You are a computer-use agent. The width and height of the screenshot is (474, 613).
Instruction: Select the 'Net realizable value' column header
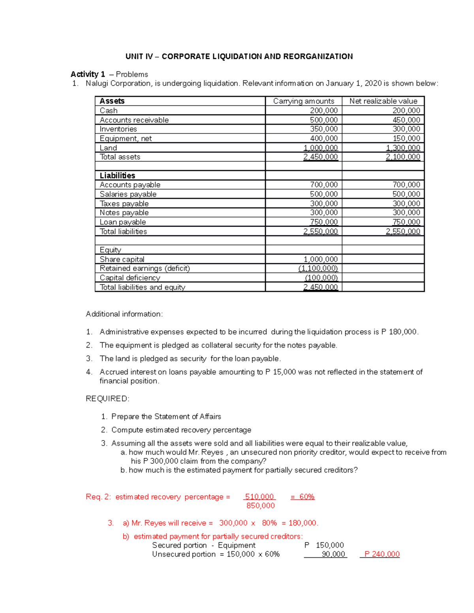point(383,101)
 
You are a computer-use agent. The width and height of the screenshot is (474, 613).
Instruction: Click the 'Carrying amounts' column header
point(303,101)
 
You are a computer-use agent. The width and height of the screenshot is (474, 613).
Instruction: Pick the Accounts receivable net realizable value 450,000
point(406,120)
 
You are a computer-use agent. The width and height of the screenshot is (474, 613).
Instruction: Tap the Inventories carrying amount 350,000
point(324,129)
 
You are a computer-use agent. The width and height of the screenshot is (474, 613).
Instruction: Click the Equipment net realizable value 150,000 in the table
point(406,139)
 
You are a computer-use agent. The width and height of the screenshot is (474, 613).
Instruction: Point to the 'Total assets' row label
point(120,157)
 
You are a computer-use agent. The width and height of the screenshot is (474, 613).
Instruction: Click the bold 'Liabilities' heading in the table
point(117,176)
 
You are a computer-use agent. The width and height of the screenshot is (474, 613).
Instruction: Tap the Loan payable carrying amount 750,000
point(324,222)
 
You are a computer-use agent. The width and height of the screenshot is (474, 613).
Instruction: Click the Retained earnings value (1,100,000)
point(318,268)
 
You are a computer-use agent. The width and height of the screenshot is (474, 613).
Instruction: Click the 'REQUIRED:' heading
point(107,399)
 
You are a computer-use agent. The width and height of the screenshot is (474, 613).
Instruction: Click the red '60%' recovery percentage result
point(307,497)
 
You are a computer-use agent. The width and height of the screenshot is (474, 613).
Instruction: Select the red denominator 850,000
point(260,506)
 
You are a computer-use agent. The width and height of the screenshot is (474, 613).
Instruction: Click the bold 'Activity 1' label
point(88,74)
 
